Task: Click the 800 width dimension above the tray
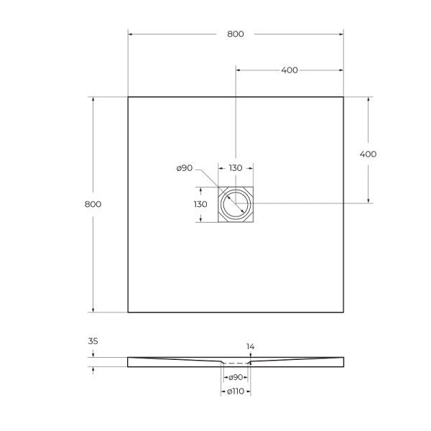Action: click(x=235, y=34)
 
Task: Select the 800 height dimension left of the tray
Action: click(x=93, y=204)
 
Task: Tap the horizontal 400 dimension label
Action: click(x=289, y=70)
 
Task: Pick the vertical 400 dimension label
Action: click(x=368, y=154)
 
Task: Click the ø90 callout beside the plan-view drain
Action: click(x=184, y=168)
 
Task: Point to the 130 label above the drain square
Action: click(x=235, y=168)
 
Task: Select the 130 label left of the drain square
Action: click(x=200, y=204)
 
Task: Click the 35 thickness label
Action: click(x=93, y=343)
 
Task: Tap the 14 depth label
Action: click(x=250, y=347)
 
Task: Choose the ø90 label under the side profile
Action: click(x=236, y=378)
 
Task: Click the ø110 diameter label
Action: click(x=236, y=392)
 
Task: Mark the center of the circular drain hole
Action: click(x=235, y=204)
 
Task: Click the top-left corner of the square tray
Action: click(x=128, y=97)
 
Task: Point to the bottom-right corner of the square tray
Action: click(x=343, y=312)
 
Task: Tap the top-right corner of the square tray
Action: click(x=343, y=97)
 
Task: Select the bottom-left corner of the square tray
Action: click(x=128, y=312)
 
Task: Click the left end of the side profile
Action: click(x=129, y=361)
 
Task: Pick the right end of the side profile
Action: click(x=342, y=361)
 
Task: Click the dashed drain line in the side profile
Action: click(x=236, y=364)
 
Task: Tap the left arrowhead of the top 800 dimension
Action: click(x=131, y=34)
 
